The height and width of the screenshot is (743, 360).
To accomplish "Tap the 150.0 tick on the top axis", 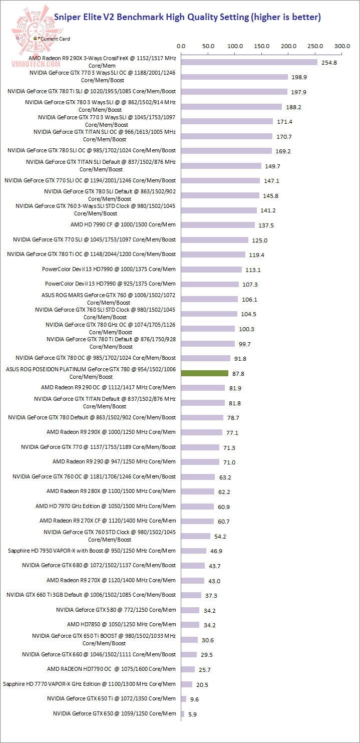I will point(262,46).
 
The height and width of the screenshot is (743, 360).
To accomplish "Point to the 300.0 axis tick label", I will point(342,46).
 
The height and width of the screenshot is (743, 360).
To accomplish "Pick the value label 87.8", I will point(238,374).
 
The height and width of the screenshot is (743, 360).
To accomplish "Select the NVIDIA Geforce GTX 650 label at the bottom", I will point(114,713).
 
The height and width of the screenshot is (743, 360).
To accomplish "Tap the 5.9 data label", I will point(193,714).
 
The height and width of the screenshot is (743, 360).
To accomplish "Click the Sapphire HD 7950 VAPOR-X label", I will point(92,551).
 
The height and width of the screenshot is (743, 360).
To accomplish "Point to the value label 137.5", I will point(265,225).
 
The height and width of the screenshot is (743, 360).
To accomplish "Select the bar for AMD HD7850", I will point(190,625).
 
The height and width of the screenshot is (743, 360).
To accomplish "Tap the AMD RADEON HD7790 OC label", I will point(111,669).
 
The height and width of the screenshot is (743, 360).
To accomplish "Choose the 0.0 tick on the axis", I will point(181,46).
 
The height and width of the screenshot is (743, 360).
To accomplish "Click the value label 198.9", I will point(298,77).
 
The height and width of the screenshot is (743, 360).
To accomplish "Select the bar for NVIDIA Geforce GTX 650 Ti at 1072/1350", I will point(184,698).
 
